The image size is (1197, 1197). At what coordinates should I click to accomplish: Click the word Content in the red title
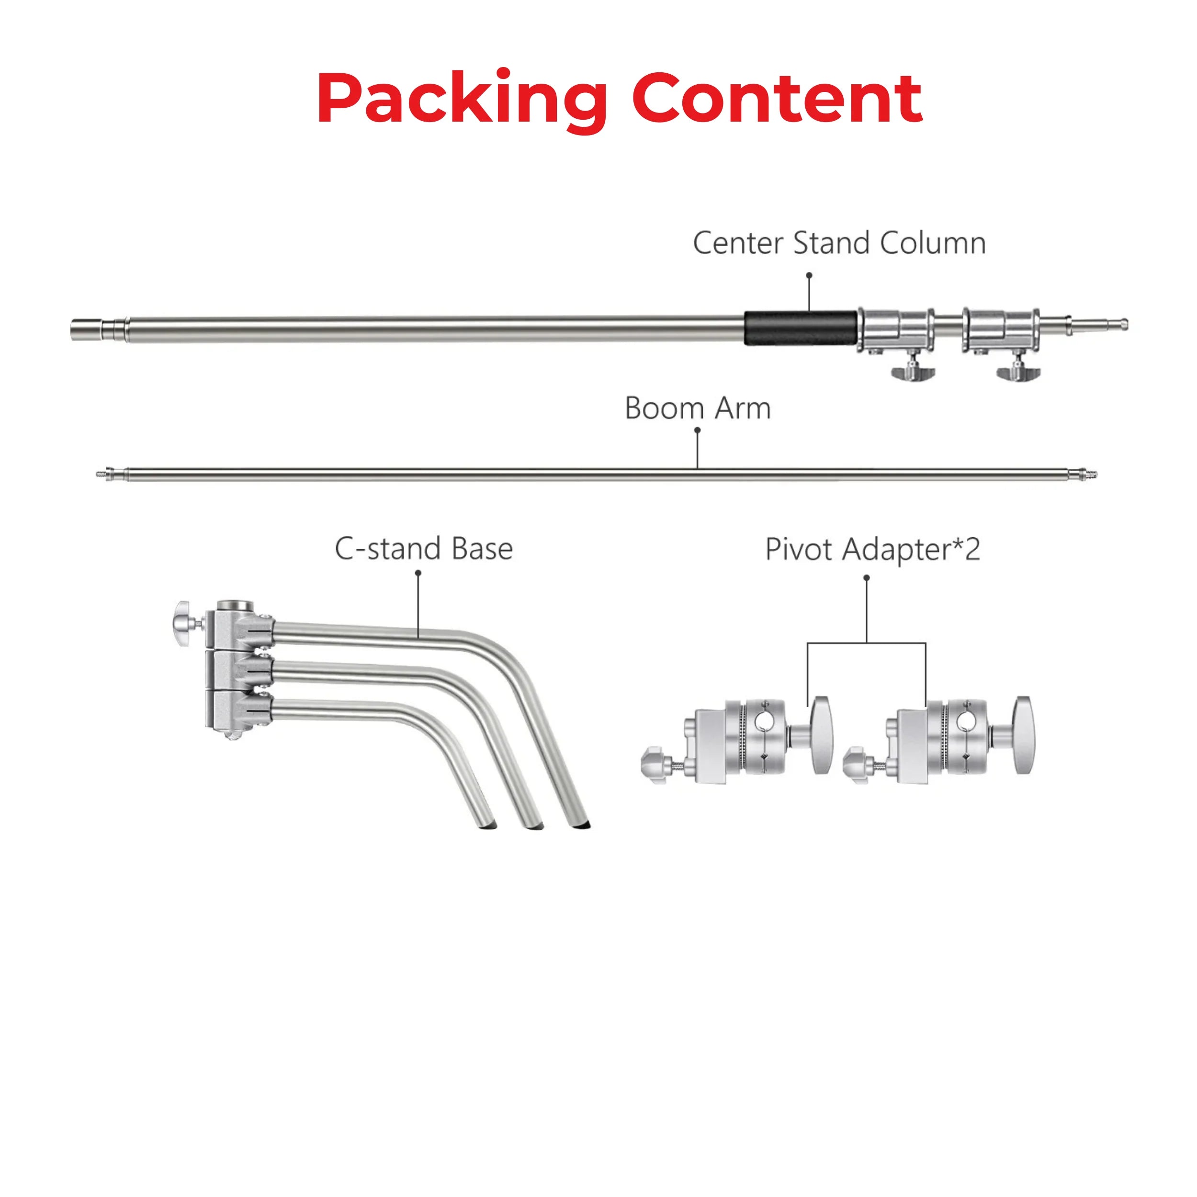point(777,99)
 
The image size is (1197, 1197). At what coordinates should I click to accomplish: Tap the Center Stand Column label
point(839,243)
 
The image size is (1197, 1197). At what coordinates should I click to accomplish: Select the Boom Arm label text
point(698,408)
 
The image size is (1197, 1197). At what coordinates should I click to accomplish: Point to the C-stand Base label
point(424,549)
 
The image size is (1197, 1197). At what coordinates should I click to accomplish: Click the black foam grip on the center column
point(801,328)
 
